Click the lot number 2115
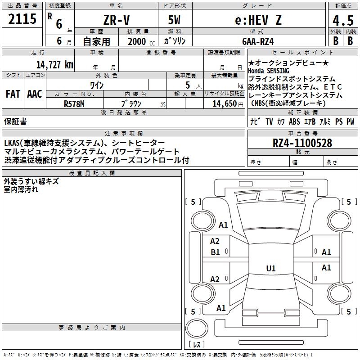click(x=22, y=19)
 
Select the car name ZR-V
click(x=117, y=20)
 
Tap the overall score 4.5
click(x=343, y=20)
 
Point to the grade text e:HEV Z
click(x=258, y=20)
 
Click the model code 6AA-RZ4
click(x=258, y=41)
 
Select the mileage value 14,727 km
click(x=54, y=65)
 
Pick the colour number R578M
click(x=74, y=104)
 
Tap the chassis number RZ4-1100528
click(x=302, y=143)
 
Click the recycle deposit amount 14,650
click(x=224, y=104)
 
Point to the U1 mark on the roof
click(x=271, y=268)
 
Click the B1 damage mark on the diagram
click(x=215, y=252)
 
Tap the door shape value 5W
click(x=174, y=20)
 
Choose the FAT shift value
click(x=13, y=94)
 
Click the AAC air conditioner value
click(x=35, y=94)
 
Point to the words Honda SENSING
click(x=269, y=71)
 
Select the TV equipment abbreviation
click(x=269, y=121)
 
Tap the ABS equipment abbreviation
click(x=294, y=121)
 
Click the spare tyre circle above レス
click(x=197, y=328)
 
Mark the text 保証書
click(x=15, y=121)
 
